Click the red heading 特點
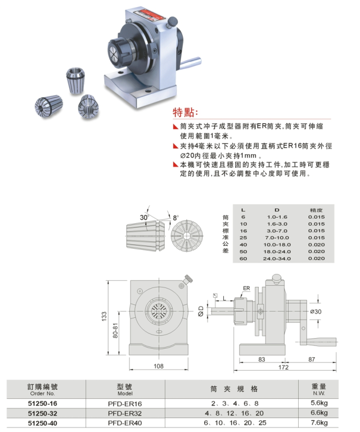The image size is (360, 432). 185,112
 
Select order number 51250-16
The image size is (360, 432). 42,403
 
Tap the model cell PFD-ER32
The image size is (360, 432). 125,413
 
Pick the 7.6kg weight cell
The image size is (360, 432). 319,422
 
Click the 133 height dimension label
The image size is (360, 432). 104,316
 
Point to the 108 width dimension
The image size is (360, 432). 159,366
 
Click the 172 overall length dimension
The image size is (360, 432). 283,367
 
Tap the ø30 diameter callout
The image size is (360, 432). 316,311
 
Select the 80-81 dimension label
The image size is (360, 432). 115,330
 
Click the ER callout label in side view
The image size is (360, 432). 246,288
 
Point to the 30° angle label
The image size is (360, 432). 144,217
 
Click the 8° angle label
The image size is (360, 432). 175,218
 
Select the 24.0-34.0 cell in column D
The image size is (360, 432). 277,258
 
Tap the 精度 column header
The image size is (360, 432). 316,210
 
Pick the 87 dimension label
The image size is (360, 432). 312,359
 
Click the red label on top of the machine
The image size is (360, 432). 147,15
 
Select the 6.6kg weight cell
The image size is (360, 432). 319,412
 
